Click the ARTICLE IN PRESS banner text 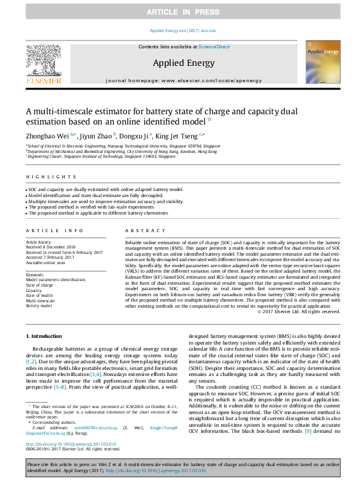coord(180,12)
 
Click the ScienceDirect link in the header coord(214,47)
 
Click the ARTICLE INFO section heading coord(54,231)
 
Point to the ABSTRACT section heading coord(140,231)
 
